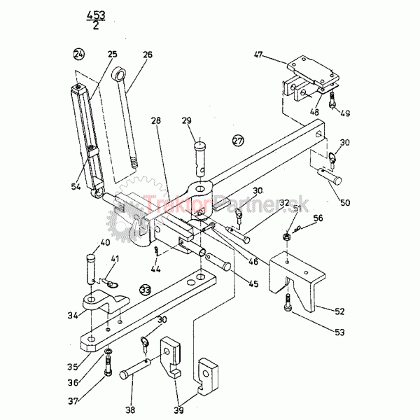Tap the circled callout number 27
238,141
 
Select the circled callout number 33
145,288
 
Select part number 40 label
105,243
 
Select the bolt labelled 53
288,306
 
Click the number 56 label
318,218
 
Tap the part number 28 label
155,120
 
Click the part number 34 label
72,316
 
